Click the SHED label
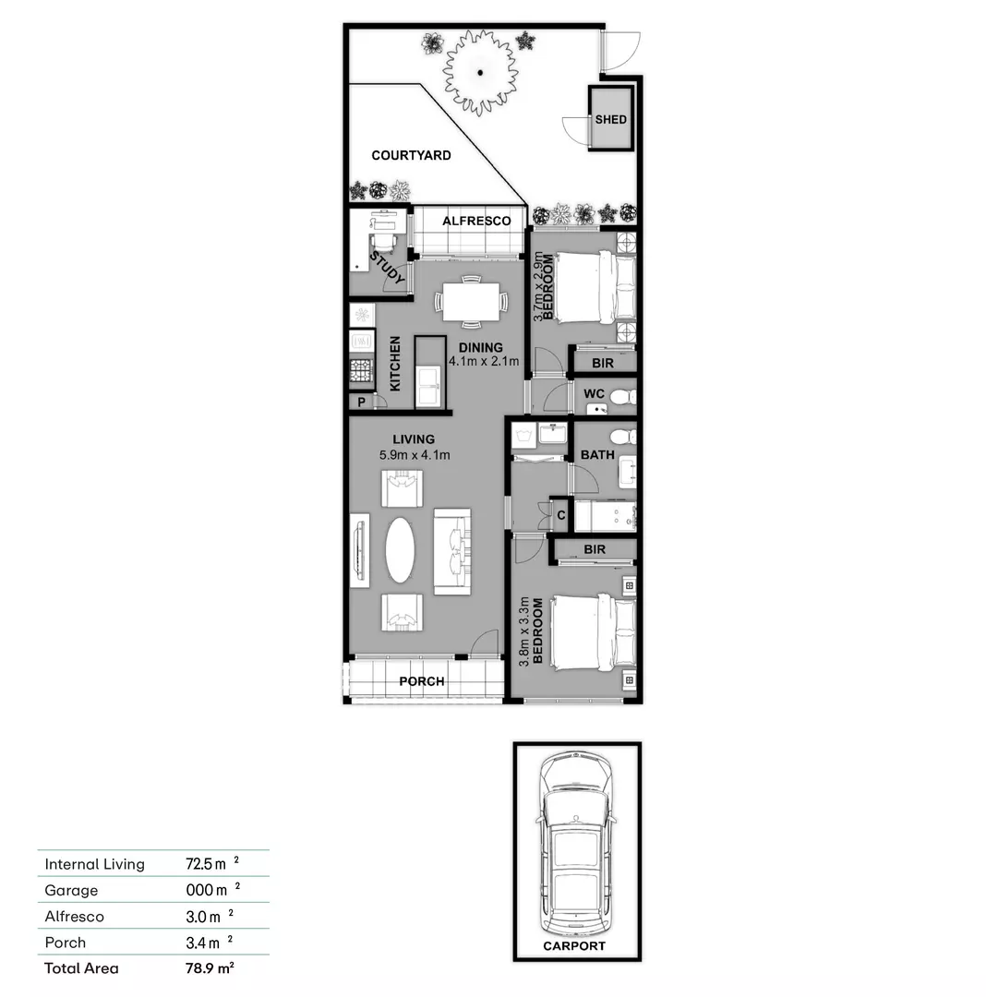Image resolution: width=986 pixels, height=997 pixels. (x=610, y=119)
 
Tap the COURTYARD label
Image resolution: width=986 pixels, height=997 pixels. (x=411, y=155)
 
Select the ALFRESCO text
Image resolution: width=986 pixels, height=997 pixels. (x=475, y=222)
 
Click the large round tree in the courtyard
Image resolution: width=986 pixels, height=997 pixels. (x=480, y=72)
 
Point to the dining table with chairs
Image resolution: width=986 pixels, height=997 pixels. (x=471, y=301)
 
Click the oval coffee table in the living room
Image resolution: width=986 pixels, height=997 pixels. (x=400, y=549)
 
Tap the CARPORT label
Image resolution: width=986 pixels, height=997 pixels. (x=574, y=946)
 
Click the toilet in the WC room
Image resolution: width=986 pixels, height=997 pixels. (x=622, y=397)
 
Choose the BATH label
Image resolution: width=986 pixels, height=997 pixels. (x=597, y=455)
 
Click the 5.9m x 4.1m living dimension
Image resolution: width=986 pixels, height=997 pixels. (x=414, y=455)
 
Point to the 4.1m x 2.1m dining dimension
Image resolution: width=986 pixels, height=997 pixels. (x=484, y=361)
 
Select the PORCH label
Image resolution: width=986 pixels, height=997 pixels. (x=422, y=681)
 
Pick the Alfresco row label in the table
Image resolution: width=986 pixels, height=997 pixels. (x=75, y=917)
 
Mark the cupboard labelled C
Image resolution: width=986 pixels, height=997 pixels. (x=560, y=515)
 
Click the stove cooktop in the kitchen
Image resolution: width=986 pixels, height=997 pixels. (x=361, y=371)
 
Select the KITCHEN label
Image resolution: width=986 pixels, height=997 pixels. (x=395, y=363)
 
